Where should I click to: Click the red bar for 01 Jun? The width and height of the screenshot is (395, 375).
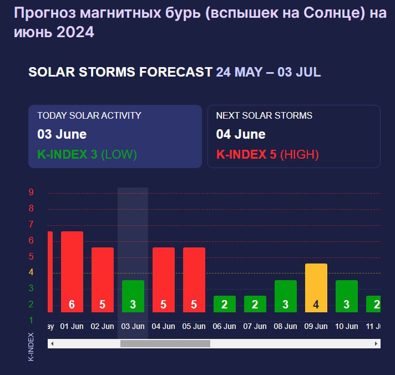point(72,272)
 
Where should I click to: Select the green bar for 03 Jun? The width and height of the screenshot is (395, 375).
point(133,296)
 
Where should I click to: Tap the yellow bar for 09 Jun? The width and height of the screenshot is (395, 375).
point(316,288)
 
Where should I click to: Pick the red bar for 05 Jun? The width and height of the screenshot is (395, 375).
point(194,280)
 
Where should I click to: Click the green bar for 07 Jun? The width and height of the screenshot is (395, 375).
point(255,304)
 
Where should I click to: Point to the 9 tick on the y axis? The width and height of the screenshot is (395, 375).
point(32,192)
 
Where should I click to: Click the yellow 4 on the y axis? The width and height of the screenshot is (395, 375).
point(32,272)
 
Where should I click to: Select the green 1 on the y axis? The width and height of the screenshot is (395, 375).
point(32,320)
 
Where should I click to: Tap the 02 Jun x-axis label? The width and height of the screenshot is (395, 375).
point(103,327)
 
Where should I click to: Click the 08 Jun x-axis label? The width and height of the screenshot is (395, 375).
point(286,327)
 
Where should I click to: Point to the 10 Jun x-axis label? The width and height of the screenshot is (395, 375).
point(347,327)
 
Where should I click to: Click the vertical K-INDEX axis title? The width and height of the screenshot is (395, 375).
point(31,347)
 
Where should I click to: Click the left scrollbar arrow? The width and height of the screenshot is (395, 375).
point(52,344)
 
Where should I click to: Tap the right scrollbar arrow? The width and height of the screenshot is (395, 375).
point(377,344)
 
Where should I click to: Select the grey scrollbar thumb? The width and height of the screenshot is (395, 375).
point(165,344)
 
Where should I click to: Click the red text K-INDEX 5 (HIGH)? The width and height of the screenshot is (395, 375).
point(267,154)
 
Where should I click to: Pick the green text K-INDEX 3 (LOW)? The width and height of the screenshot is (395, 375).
point(87,154)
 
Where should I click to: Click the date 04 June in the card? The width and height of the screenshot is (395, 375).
point(241,134)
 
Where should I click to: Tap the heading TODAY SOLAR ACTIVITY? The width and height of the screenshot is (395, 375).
point(89,115)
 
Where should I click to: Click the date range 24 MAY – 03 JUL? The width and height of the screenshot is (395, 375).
point(269,72)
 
